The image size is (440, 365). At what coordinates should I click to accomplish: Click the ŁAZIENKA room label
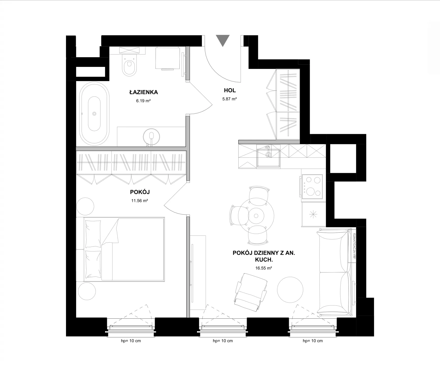(143, 92)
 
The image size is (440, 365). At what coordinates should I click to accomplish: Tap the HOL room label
(230, 90)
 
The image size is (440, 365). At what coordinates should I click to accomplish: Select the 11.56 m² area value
(140, 201)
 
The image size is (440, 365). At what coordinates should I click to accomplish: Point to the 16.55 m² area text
(264, 268)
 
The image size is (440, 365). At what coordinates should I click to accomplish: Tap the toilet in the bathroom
(129, 65)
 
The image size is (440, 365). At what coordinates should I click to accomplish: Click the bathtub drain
(94, 114)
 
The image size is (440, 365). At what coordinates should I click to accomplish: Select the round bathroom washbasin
(152, 137)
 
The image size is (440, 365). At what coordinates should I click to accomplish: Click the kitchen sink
(268, 158)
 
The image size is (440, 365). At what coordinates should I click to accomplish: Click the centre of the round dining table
(256, 216)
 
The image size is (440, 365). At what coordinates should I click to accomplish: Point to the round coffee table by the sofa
(290, 289)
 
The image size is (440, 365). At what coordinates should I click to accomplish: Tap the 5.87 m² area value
(230, 99)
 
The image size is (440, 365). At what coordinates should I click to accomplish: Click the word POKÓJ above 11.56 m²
(140, 192)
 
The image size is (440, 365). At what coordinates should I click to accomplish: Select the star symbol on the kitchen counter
(314, 214)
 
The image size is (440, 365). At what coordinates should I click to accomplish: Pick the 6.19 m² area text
(143, 101)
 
